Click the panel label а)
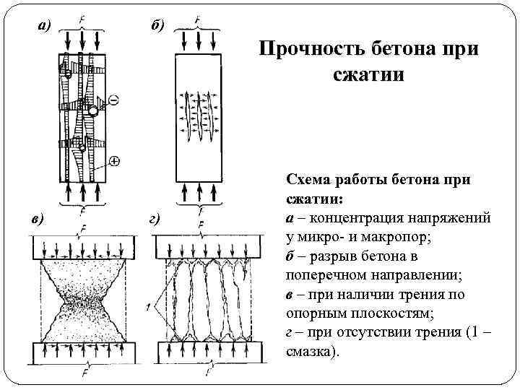pos(45,26)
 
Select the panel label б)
pos(158,26)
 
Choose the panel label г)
pos(155,219)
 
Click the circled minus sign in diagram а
pos(113,98)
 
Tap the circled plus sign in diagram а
pos(114,160)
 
